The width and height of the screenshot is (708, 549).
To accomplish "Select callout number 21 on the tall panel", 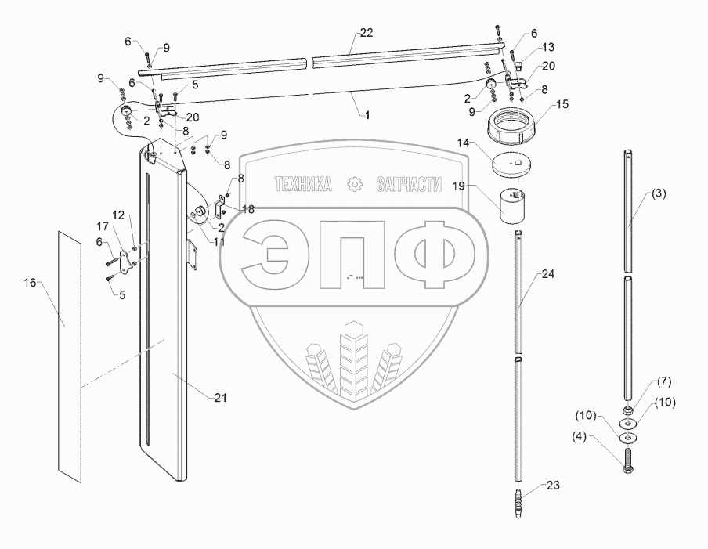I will [220, 398].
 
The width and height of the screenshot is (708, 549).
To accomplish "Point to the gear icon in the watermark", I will [355, 184].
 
